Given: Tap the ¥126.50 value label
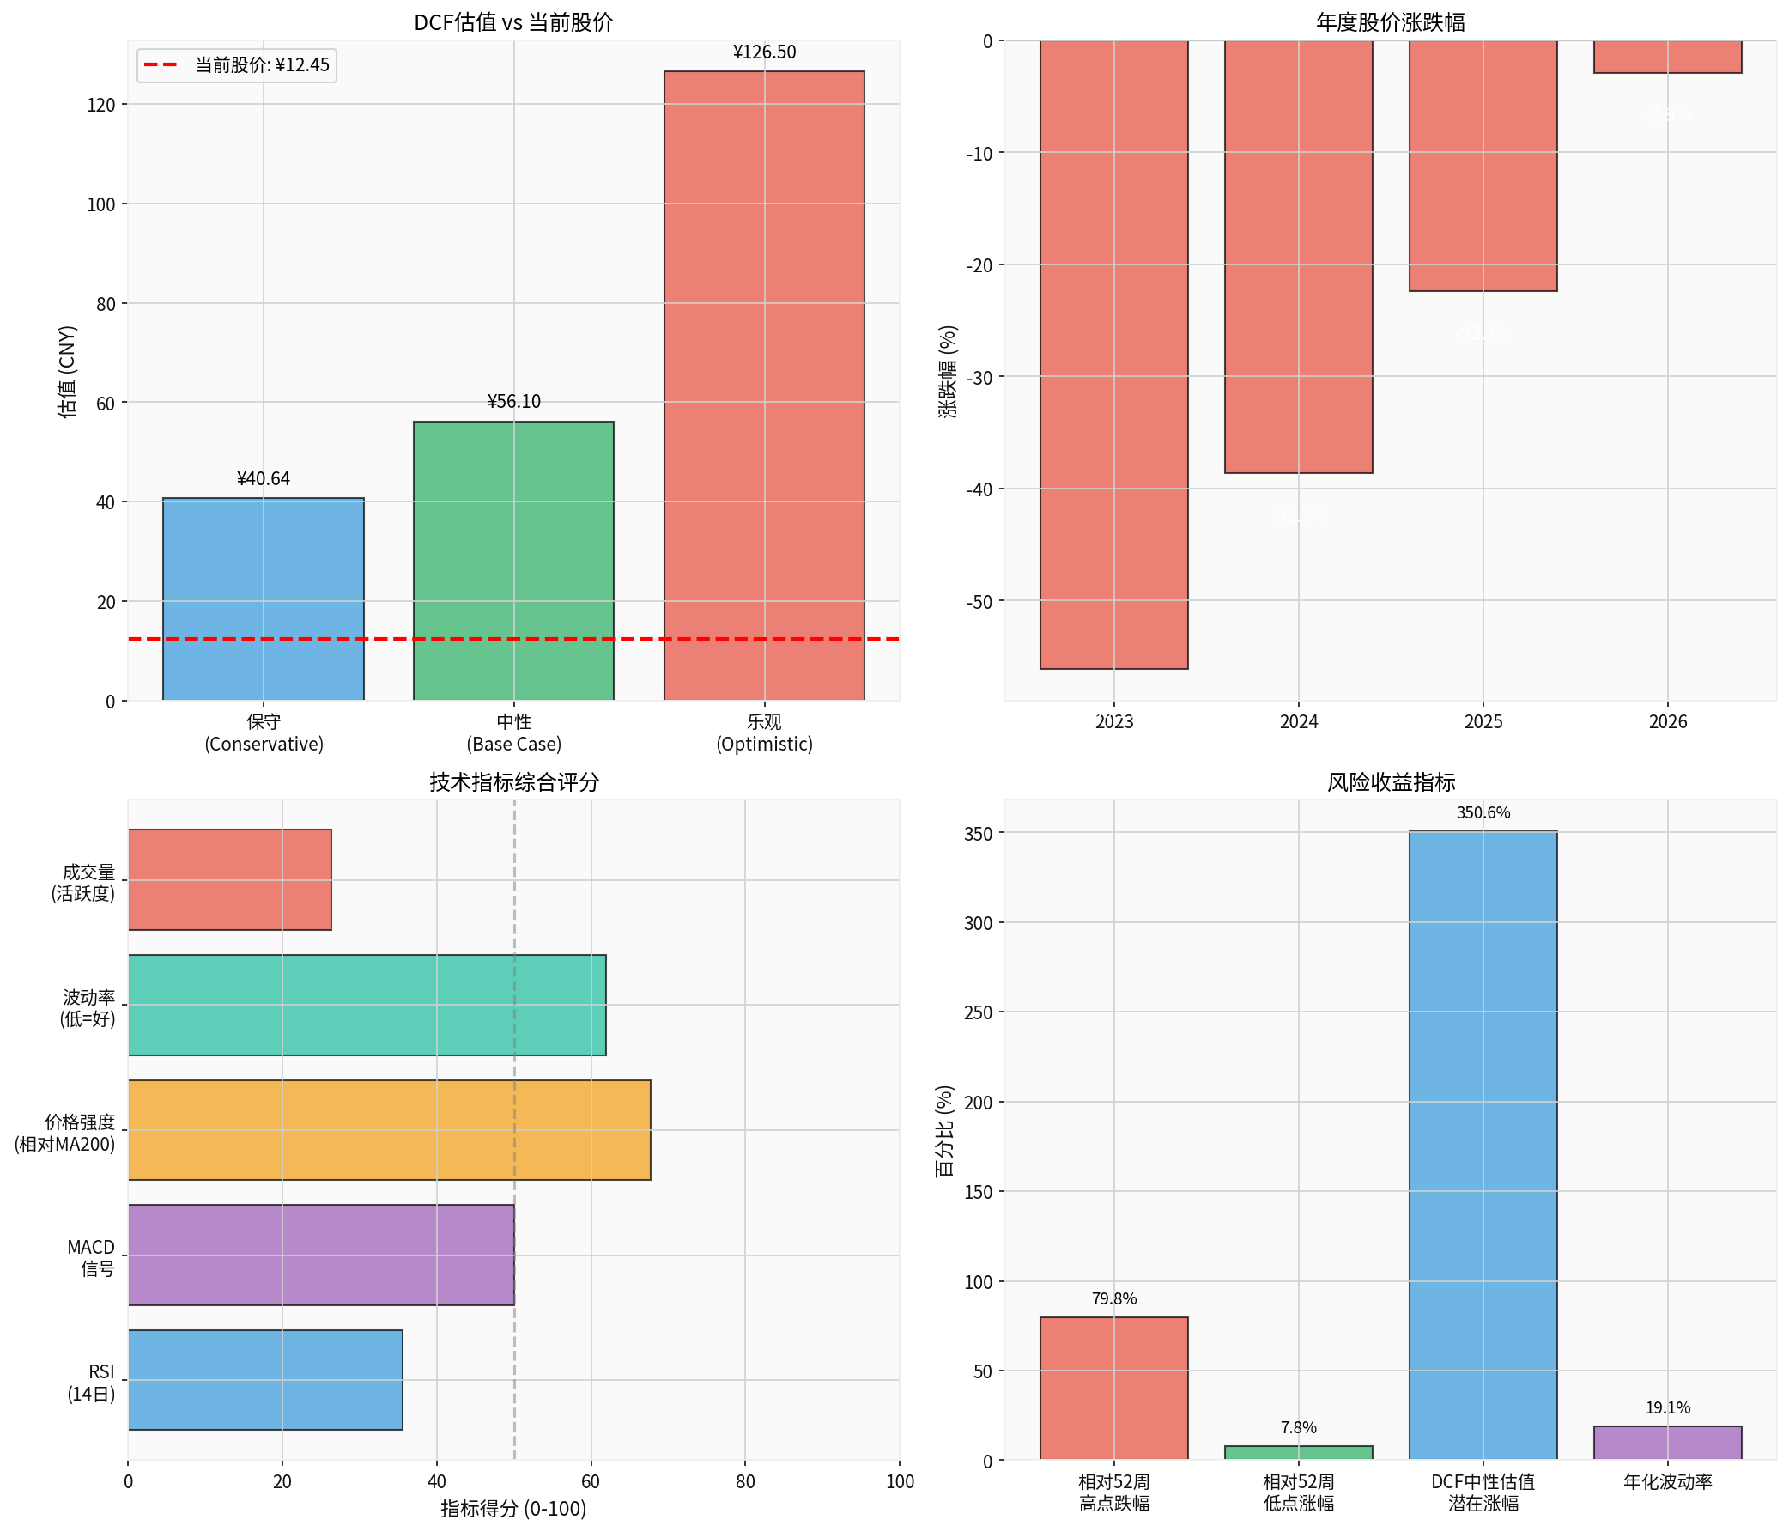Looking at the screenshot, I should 764,52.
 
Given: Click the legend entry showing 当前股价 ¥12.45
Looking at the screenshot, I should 237,64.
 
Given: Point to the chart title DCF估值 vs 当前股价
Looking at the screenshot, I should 512,22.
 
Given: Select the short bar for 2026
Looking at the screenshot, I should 1666,57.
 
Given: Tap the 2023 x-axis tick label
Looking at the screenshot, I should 1113,721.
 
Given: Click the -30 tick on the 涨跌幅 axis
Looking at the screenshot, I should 979,377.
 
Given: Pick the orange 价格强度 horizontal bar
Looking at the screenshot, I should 389,1129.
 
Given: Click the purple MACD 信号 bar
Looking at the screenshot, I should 320,1254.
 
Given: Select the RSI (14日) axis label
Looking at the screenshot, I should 92,1383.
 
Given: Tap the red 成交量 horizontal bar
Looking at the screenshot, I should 230,879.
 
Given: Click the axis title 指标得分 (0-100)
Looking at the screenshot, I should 512,1508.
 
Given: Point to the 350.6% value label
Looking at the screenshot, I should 1483,812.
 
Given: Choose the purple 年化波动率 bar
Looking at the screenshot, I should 1666,1442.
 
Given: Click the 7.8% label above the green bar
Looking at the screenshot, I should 1298,1427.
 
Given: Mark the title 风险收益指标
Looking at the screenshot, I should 1390,782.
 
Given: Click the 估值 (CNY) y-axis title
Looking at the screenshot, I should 67,371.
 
